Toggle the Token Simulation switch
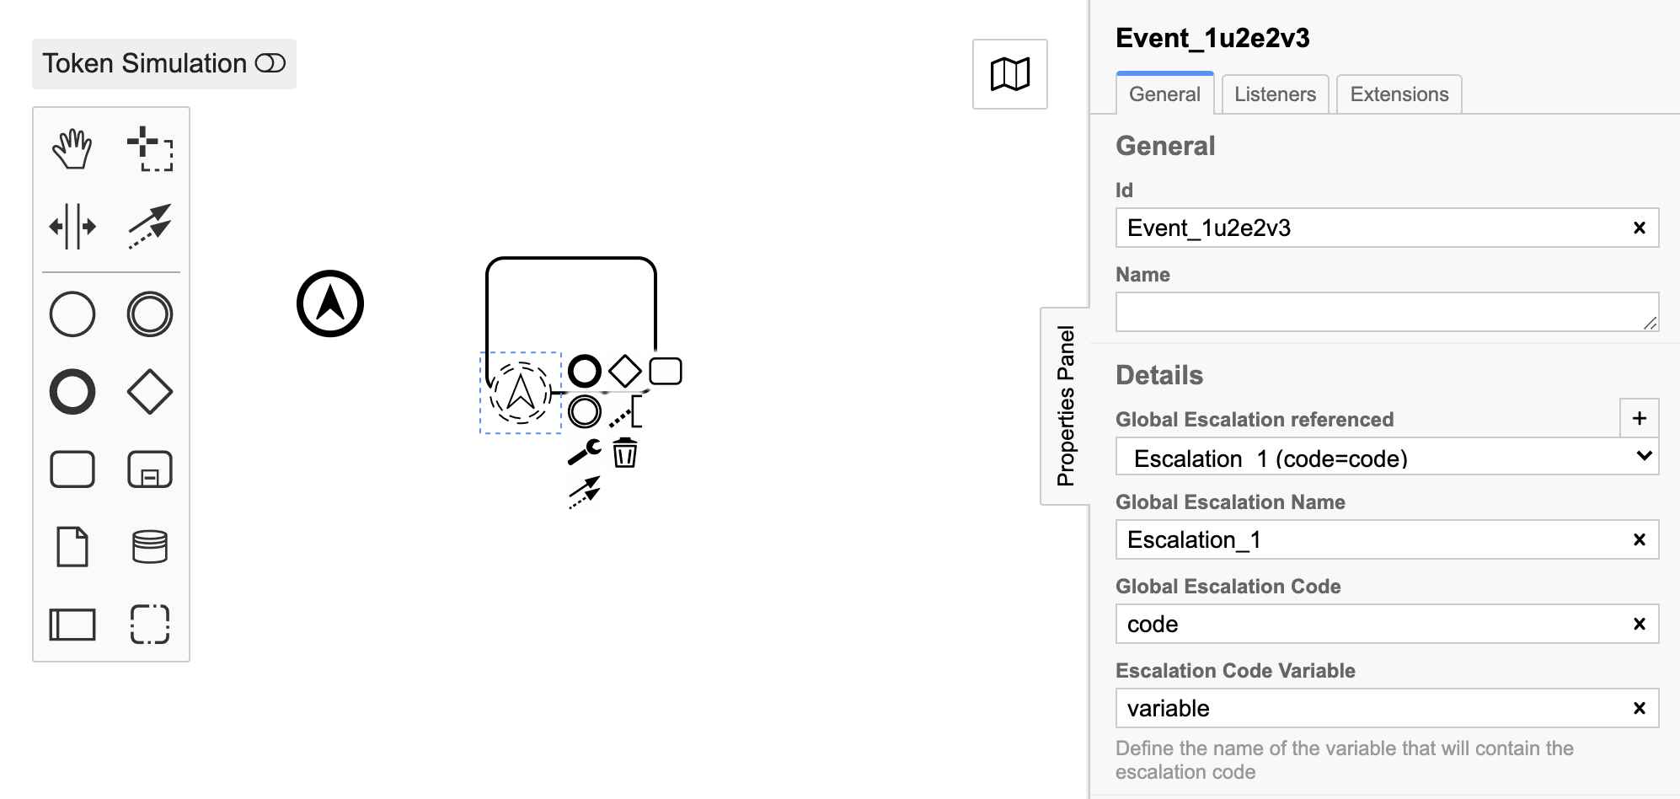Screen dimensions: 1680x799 tap(270, 63)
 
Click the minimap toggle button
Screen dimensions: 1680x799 tap(1009, 74)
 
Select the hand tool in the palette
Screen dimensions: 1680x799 tap(72, 149)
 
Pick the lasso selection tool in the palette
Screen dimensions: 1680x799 tap(150, 149)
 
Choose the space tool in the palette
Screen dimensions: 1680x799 tap(72, 226)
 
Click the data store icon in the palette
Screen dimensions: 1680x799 tap(150, 547)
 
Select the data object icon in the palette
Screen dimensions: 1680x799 tap(72, 547)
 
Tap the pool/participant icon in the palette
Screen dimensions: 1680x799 tap(72, 625)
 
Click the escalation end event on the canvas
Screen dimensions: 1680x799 tap(330, 303)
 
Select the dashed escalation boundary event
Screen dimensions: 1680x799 tap(521, 393)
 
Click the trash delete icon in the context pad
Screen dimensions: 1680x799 tap(624, 453)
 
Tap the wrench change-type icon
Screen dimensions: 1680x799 tap(584, 453)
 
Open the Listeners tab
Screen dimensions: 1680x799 tap(1275, 94)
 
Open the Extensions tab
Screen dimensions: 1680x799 tap(1399, 94)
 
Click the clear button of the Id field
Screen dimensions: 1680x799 tap(1640, 228)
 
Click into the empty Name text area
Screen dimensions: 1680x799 tap(1387, 312)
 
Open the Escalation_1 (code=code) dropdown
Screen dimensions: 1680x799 tap(1387, 457)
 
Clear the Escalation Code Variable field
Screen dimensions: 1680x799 tap(1640, 708)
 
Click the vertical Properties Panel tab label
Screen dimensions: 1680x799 tap(1066, 406)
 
